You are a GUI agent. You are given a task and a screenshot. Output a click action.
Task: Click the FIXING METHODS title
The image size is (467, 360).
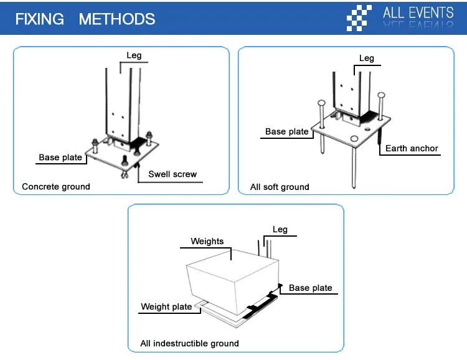pos(85,19)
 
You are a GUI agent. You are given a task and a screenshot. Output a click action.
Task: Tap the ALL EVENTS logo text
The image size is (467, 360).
pos(418,13)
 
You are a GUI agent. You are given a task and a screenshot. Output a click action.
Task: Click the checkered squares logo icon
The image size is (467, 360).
pos(359,18)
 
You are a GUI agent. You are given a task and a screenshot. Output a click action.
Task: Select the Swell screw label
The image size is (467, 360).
pos(172,174)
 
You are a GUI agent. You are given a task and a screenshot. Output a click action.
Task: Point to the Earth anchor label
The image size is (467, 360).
pos(412,148)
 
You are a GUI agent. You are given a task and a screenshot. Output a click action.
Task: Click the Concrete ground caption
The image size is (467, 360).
pos(56,187)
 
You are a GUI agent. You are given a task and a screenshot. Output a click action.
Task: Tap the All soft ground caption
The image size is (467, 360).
pos(280,187)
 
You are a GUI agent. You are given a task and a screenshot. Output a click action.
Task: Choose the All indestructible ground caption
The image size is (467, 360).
pos(189,343)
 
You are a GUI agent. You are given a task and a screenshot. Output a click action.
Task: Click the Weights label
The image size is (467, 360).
pos(207,241)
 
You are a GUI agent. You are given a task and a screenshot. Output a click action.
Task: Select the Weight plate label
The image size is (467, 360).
pos(166,306)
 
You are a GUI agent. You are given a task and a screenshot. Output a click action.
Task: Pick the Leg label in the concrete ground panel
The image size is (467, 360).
pos(134,55)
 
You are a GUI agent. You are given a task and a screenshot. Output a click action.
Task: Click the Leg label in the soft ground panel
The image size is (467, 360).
pos(367,59)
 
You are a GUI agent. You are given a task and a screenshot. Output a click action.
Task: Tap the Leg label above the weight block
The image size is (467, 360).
pos(280,229)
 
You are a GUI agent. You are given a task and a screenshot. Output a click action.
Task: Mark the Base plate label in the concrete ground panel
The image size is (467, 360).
pos(60,158)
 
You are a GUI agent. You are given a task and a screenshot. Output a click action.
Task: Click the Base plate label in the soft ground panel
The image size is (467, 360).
pos(287,131)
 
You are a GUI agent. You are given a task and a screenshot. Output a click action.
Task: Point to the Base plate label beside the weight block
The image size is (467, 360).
pos(310,288)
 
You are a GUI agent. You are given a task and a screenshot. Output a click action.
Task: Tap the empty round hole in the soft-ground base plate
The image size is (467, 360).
pos(354,138)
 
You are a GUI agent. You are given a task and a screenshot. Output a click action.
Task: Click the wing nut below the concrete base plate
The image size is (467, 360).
pos(125,175)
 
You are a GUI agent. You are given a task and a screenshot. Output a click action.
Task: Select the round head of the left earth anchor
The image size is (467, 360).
pos(321,103)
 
